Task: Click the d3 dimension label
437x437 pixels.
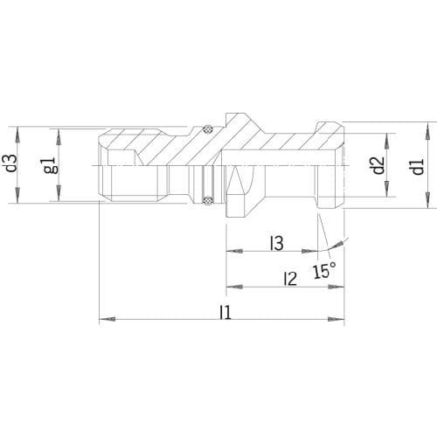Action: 12,165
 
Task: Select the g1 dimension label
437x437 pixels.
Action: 50,166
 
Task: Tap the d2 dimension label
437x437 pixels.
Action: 378,165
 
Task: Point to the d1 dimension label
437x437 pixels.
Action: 419,167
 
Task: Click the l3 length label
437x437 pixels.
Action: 277,243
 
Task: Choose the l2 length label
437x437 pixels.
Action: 290,278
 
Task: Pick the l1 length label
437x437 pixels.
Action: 225,312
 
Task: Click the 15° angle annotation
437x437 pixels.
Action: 324,270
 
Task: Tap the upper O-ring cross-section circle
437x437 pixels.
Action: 207,129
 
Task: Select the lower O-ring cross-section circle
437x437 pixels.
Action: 207,200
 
